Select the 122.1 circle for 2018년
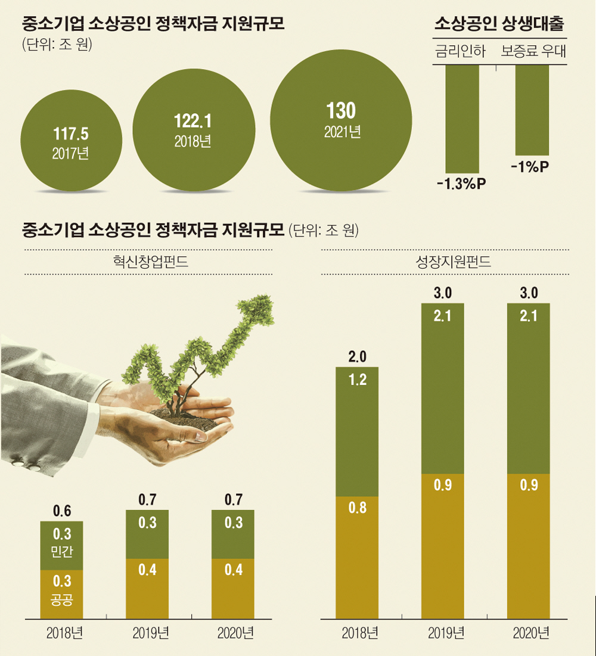(193, 130)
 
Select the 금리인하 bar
(462, 119)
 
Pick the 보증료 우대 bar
(531, 110)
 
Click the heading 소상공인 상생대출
(500, 24)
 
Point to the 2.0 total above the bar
(357, 357)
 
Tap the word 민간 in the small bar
(62, 552)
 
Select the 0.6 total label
(62, 511)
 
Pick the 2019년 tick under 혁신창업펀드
(147, 633)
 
